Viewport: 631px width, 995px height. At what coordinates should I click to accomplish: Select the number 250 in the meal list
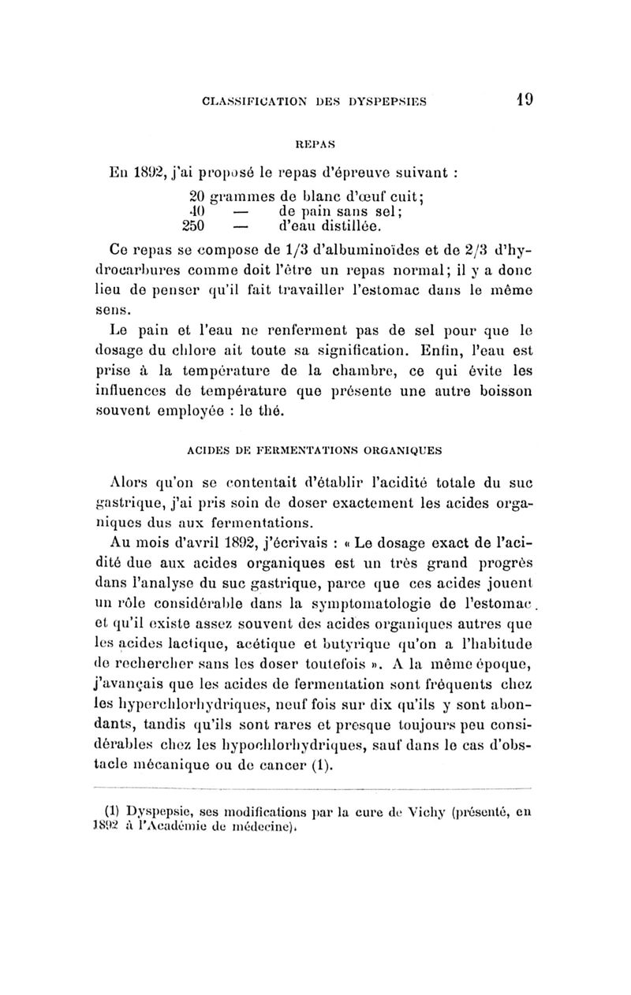(x=193, y=225)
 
